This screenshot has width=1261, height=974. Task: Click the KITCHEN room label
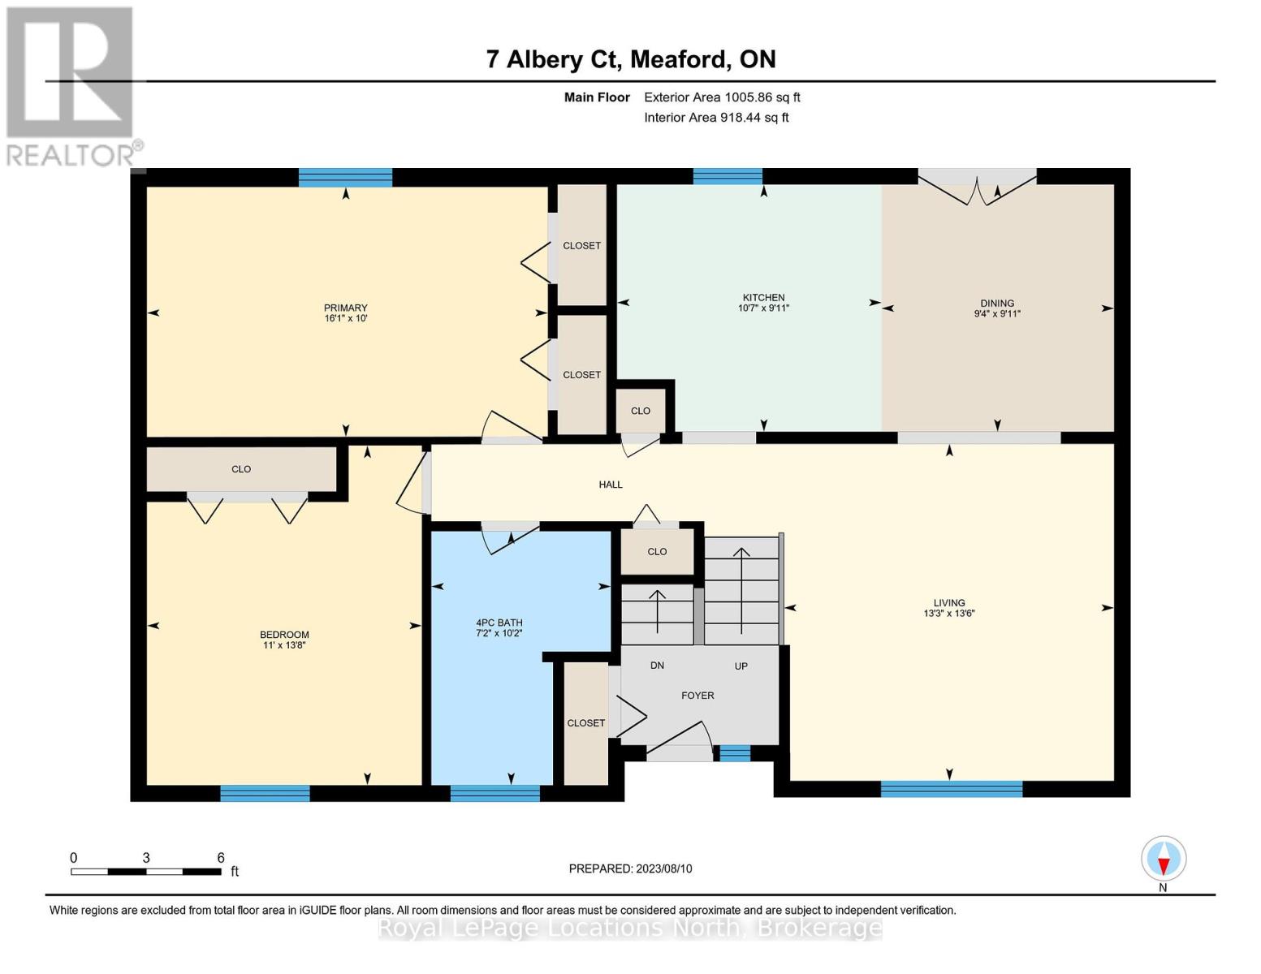coord(763,298)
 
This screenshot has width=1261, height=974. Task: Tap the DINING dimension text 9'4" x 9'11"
coord(997,314)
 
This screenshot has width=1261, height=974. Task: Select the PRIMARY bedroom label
coord(345,308)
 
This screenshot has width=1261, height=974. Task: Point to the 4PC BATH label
coord(499,623)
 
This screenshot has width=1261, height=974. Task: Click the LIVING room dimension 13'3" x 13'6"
coord(949,613)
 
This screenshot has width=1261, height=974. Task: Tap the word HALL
coord(611,485)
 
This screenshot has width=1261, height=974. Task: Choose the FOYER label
coord(697,695)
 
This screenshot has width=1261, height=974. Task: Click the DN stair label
coord(657,666)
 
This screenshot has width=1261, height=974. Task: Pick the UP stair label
coord(741,666)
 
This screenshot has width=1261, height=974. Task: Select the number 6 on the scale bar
coord(221,857)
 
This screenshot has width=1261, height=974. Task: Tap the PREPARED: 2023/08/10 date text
coord(630,868)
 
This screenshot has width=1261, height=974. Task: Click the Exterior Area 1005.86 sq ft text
coord(722,97)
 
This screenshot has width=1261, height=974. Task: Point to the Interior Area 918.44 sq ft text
coord(716,117)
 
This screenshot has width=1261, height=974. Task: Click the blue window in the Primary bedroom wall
coord(345,177)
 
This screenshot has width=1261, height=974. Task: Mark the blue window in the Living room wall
coord(951,789)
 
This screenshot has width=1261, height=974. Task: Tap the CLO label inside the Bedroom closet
coord(241,468)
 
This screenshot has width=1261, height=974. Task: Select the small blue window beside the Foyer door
coord(735,753)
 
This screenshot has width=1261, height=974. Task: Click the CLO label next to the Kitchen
coord(640,411)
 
